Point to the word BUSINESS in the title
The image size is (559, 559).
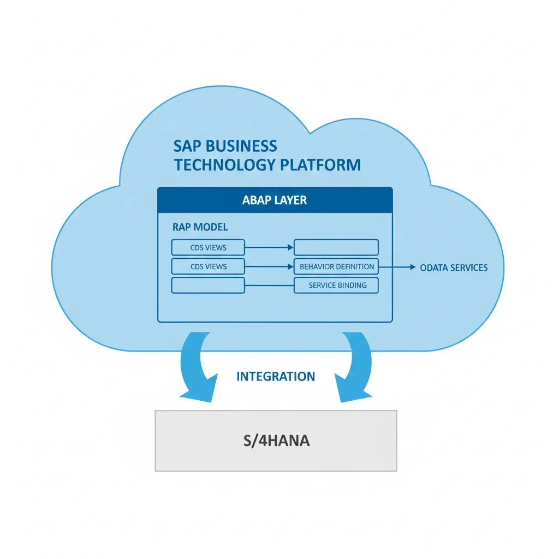[245, 146]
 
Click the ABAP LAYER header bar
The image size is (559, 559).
[275, 200]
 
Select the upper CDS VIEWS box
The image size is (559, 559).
[208, 247]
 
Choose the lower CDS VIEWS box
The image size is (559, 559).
[208, 266]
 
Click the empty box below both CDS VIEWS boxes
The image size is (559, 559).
[208, 285]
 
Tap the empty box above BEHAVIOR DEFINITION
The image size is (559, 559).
[336, 247]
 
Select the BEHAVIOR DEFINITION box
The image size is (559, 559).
[336, 266]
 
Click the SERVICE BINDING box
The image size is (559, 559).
[336, 285]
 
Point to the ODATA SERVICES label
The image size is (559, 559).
[454, 267]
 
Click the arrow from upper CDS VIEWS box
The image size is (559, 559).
[269, 247]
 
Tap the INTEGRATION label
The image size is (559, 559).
[276, 376]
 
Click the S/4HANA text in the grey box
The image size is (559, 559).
[276, 441]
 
